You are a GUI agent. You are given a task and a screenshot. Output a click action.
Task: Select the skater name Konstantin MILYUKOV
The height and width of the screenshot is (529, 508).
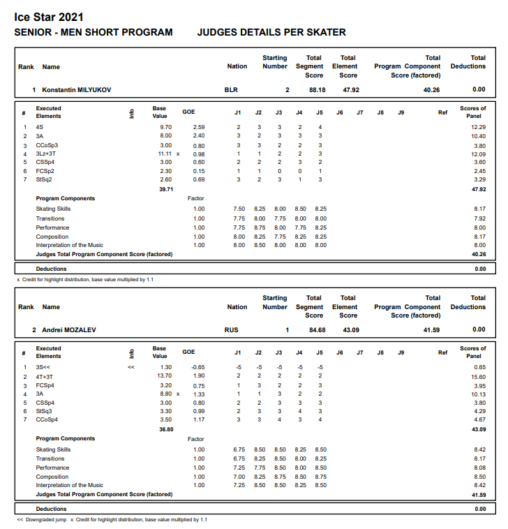coord(76,90)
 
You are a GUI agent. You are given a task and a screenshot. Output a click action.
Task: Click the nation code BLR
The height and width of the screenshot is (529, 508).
coord(231,90)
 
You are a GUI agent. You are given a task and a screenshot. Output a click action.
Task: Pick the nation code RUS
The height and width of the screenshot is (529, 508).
coord(231,329)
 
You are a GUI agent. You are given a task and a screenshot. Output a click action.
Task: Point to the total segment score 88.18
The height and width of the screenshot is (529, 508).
coord(317,90)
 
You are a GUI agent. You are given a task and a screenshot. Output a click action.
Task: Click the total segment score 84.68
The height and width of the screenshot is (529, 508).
coord(317,329)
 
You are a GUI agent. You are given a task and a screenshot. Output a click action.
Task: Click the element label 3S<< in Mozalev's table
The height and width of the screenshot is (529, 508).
coord(43,367)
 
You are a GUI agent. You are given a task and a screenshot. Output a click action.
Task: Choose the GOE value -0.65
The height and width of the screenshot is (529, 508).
coord(198,367)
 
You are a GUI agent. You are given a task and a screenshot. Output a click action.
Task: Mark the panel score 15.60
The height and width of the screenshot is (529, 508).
coord(478,376)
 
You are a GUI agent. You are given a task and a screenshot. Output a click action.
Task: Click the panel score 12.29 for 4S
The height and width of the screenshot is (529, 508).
coord(478,127)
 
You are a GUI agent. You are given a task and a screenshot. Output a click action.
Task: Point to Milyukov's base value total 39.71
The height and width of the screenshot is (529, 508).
coord(166,189)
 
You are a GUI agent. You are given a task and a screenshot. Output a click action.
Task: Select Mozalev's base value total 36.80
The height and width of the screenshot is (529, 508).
coord(166,429)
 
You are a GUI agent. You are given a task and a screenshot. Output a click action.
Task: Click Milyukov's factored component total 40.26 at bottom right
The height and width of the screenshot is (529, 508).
coord(478,254)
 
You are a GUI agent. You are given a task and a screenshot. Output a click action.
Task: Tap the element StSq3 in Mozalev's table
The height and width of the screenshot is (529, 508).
coord(45,411)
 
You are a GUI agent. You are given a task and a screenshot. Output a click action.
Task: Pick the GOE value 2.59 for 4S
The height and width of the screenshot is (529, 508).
coord(198,127)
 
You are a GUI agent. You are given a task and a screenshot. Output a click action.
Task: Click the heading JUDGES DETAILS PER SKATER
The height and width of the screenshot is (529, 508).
coord(271,33)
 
